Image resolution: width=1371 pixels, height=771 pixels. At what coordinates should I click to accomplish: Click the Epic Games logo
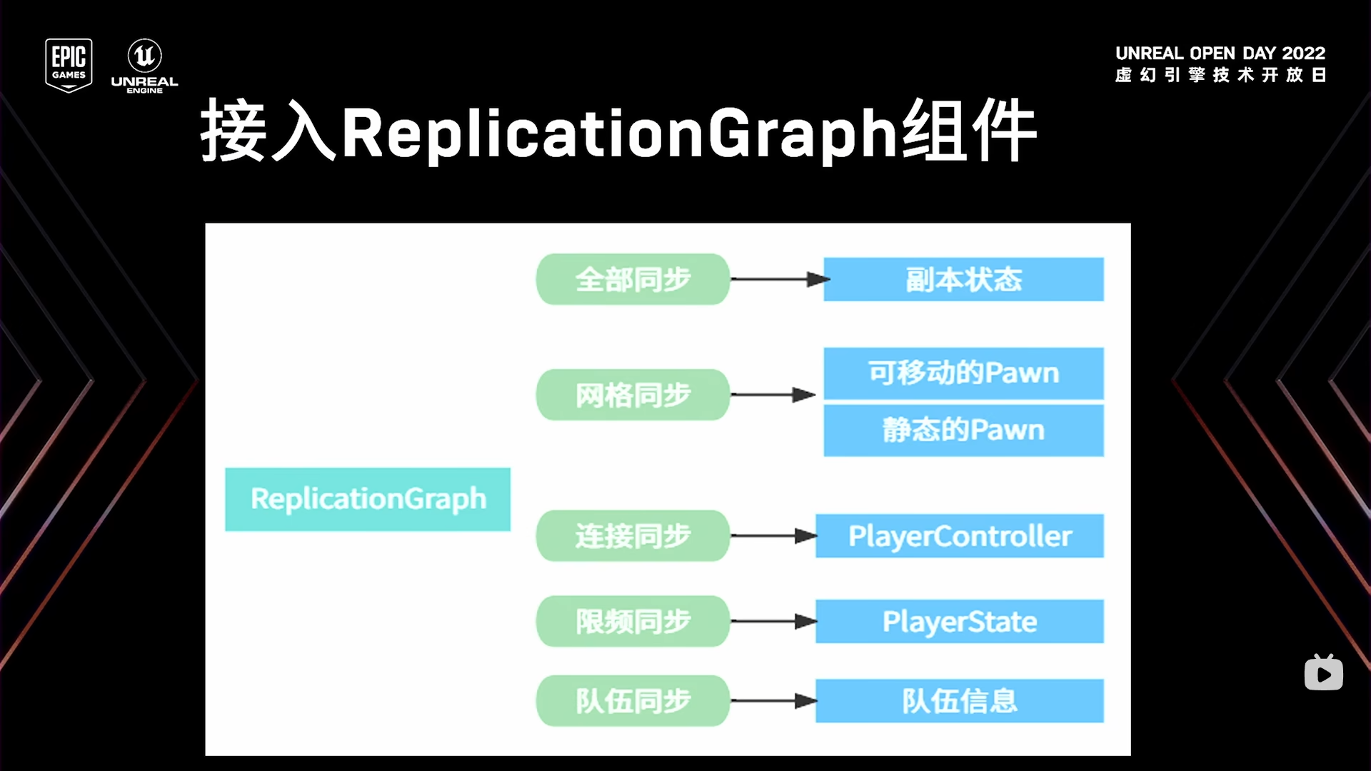pyautogui.click(x=69, y=65)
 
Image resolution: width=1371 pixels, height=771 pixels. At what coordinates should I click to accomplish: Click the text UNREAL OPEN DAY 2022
pyautogui.click(x=1220, y=54)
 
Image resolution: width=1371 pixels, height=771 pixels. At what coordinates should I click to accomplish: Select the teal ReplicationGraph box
pyautogui.click(x=368, y=499)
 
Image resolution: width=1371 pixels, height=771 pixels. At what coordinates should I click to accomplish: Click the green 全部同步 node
pyautogui.click(x=633, y=279)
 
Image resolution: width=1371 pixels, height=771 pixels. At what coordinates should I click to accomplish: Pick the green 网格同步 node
pyautogui.click(x=633, y=395)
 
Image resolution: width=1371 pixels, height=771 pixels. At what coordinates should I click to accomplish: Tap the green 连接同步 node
pyautogui.click(x=633, y=535)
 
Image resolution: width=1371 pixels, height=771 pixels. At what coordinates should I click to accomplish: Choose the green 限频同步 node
pyautogui.click(x=633, y=621)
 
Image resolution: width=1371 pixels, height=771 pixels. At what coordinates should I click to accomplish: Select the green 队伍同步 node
pyautogui.click(x=633, y=700)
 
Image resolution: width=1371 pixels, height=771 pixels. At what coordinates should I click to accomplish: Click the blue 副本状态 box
pyautogui.click(x=963, y=279)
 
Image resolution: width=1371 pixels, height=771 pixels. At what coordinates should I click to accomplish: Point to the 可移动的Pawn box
pyautogui.click(x=963, y=373)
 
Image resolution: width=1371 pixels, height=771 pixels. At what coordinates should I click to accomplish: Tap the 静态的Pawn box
pyautogui.click(x=963, y=430)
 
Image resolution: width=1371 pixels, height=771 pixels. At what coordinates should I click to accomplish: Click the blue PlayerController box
pyautogui.click(x=960, y=535)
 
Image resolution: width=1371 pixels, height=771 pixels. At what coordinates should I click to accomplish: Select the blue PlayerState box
pyautogui.click(x=960, y=621)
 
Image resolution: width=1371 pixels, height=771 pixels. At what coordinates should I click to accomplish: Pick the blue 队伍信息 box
pyautogui.click(x=960, y=700)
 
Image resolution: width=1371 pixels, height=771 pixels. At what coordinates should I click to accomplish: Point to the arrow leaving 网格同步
pyautogui.click(x=773, y=395)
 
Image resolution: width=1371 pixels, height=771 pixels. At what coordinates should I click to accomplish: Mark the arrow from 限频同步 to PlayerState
pyautogui.click(x=773, y=621)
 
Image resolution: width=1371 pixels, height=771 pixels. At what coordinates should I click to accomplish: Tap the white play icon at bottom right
pyautogui.click(x=1323, y=674)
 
